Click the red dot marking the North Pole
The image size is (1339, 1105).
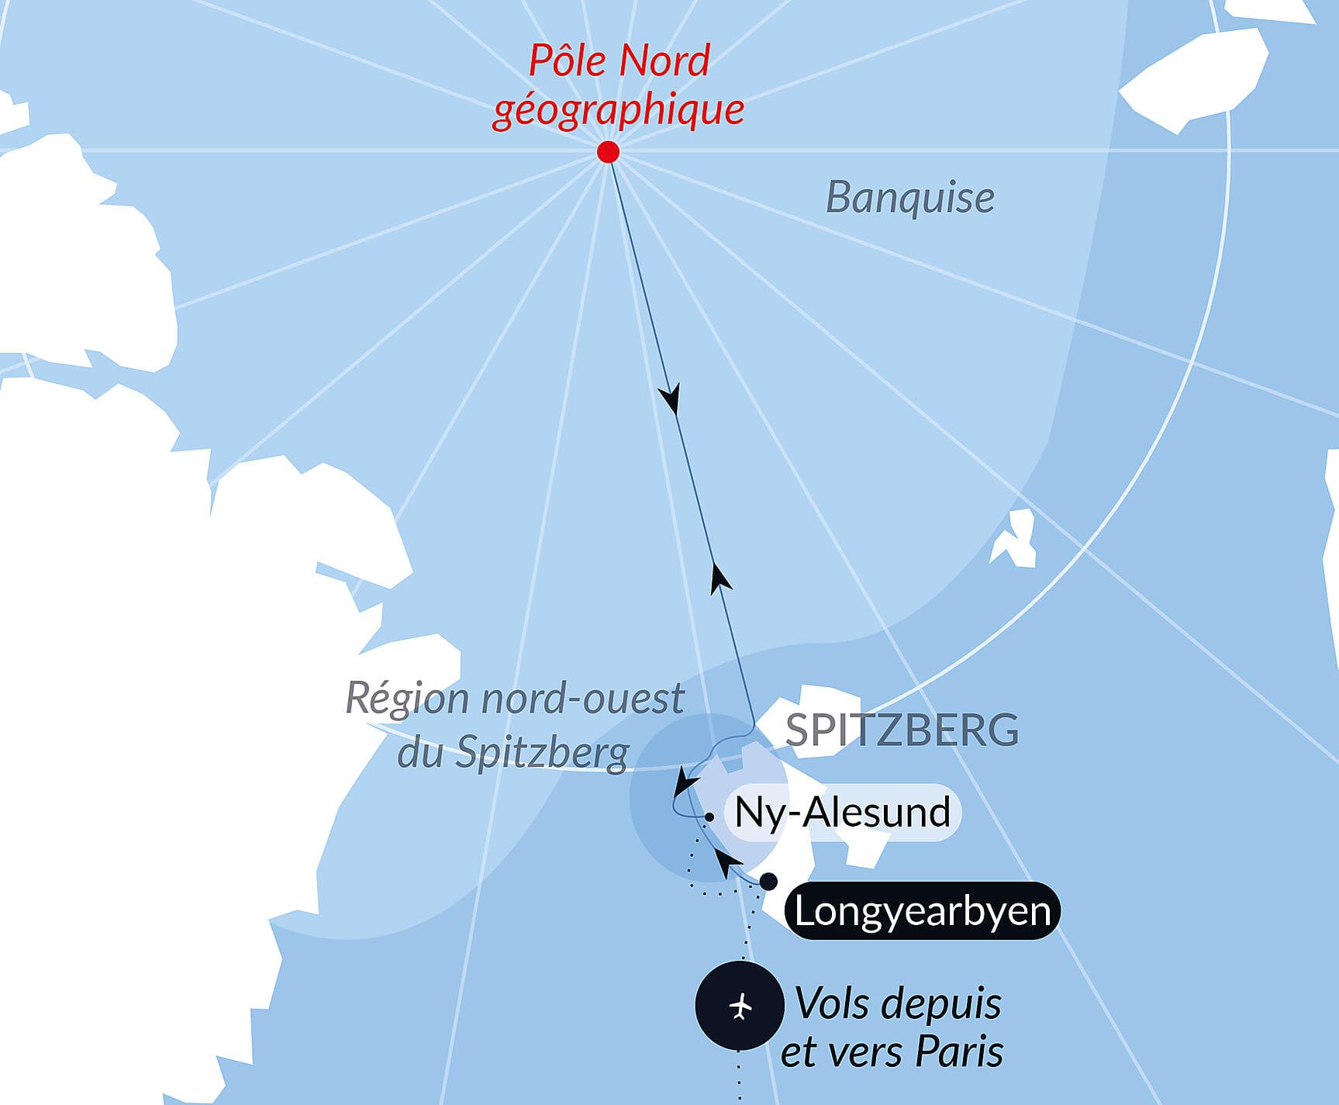tap(609, 151)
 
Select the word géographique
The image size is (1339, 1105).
tap(618, 109)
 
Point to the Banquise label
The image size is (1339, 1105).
tap(909, 198)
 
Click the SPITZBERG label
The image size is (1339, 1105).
tap(902, 730)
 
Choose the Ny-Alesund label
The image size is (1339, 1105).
tap(842, 813)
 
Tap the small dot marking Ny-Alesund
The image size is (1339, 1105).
tap(709, 817)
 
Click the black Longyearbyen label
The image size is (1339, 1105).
tap(922, 911)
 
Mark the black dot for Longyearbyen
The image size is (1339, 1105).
tap(768, 882)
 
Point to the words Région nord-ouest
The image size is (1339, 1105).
tap(514, 698)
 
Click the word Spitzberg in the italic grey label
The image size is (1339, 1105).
tap(542, 751)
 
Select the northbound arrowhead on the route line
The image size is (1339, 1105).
tap(720, 578)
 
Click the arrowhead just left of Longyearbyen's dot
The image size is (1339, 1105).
tap(725, 861)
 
